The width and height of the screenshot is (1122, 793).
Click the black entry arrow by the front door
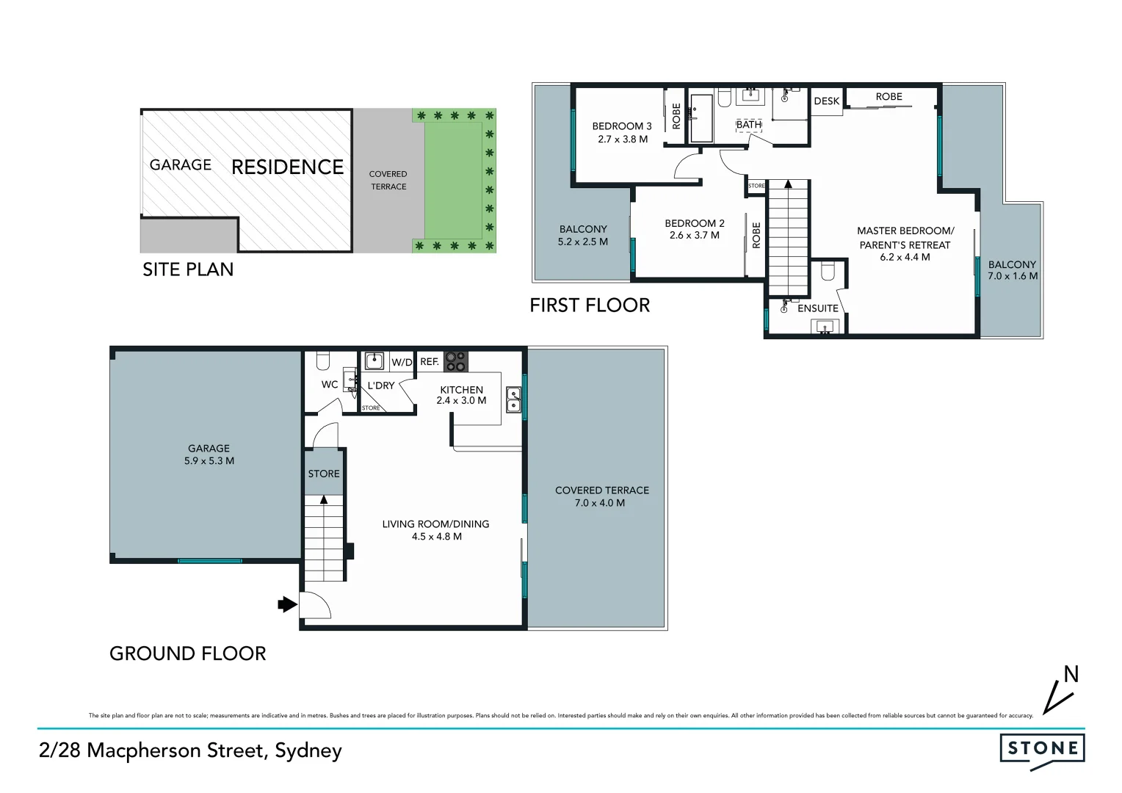pyautogui.click(x=286, y=604)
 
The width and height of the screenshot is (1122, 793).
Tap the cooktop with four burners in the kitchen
pyautogui.click(x=455, y=361)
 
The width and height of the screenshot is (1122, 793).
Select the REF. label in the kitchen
pyautogui.click(x=430, y=362)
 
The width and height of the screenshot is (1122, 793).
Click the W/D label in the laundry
pyautogui.click(x=402, y=362)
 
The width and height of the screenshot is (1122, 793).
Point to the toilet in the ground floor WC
pyautogui.click(x=322, y=361)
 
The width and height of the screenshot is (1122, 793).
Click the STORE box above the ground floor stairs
pyautogui.click(x=324, y=474)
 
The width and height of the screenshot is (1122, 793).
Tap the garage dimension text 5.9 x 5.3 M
pyautogui.click(x=209, y=461)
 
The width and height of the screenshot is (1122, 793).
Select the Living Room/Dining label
pyautogui.click(x=435, y=524)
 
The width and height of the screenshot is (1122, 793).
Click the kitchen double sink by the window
pyautogui.click(x=513, y=400)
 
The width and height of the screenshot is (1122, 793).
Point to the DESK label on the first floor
pyautogui.click(x=827, y=101)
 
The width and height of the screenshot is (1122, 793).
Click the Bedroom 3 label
pyautogui.click(x=622, y=126)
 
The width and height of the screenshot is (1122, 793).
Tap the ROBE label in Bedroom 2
pyautogui.click(x=756, y=235)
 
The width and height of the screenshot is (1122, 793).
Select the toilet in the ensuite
pyautogui.click(x=828, y=272)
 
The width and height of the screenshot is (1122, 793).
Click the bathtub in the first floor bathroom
pyautogui.click(x=701, y=117)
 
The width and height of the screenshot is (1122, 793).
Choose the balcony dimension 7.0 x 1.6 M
pyautogui.click(x=1013, y=276)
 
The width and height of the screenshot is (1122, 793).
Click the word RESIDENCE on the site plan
pyautogui.click(x=287, y=167)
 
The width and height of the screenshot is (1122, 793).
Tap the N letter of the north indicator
pyautogui.click(x=1071, y=674)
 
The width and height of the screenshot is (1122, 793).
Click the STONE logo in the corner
pyautogui.click(x=1042, y=749)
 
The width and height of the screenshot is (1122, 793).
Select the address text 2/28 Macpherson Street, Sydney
pyautogui.click(x=190, y=750)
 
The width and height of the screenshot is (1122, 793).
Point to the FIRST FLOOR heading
pyautogui.click(x=590, y=305)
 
